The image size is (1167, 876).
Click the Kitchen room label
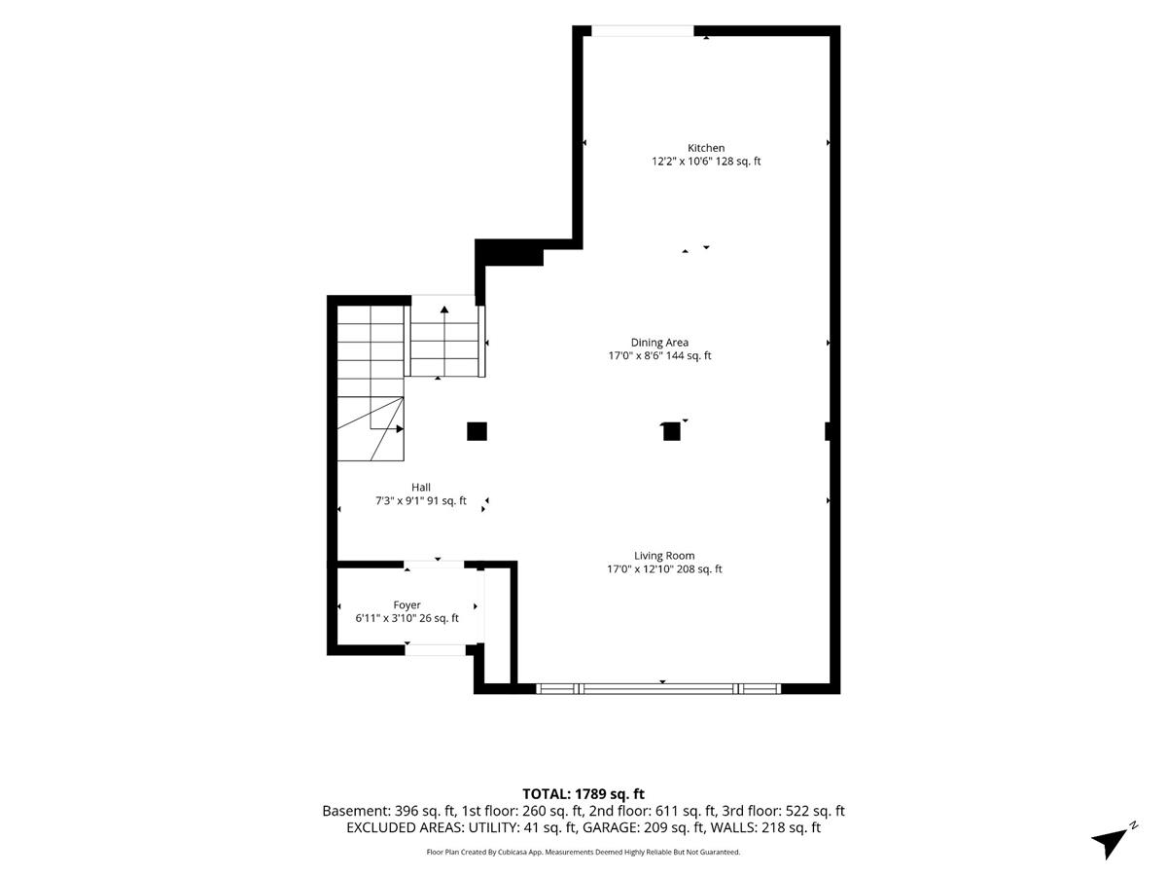click(705, 148)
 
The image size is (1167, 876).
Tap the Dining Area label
click(659, 343)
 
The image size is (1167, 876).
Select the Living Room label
click(664, 556)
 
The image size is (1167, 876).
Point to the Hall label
click(420, 488)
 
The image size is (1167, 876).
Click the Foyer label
click(407, 604)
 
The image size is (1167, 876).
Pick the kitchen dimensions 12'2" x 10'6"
click(682, 162)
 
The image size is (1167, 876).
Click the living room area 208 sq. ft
click(699, 569)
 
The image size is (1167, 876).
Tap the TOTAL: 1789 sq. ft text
click(583, 794)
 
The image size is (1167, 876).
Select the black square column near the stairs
click(477, 431)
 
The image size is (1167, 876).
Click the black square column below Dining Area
click(671, 431)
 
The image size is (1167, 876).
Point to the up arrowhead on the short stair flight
click(444, 310)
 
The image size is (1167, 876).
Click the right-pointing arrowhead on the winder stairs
click(400, 428)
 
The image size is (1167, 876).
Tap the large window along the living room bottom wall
click(658, 689)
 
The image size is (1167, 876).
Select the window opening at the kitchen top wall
click(642, 31)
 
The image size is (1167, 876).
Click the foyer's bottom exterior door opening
click(436, 649)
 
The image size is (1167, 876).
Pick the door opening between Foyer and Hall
click(434, 565)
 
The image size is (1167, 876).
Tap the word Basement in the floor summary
click(356, 811)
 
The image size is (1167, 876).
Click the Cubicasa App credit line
click(583, 852)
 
